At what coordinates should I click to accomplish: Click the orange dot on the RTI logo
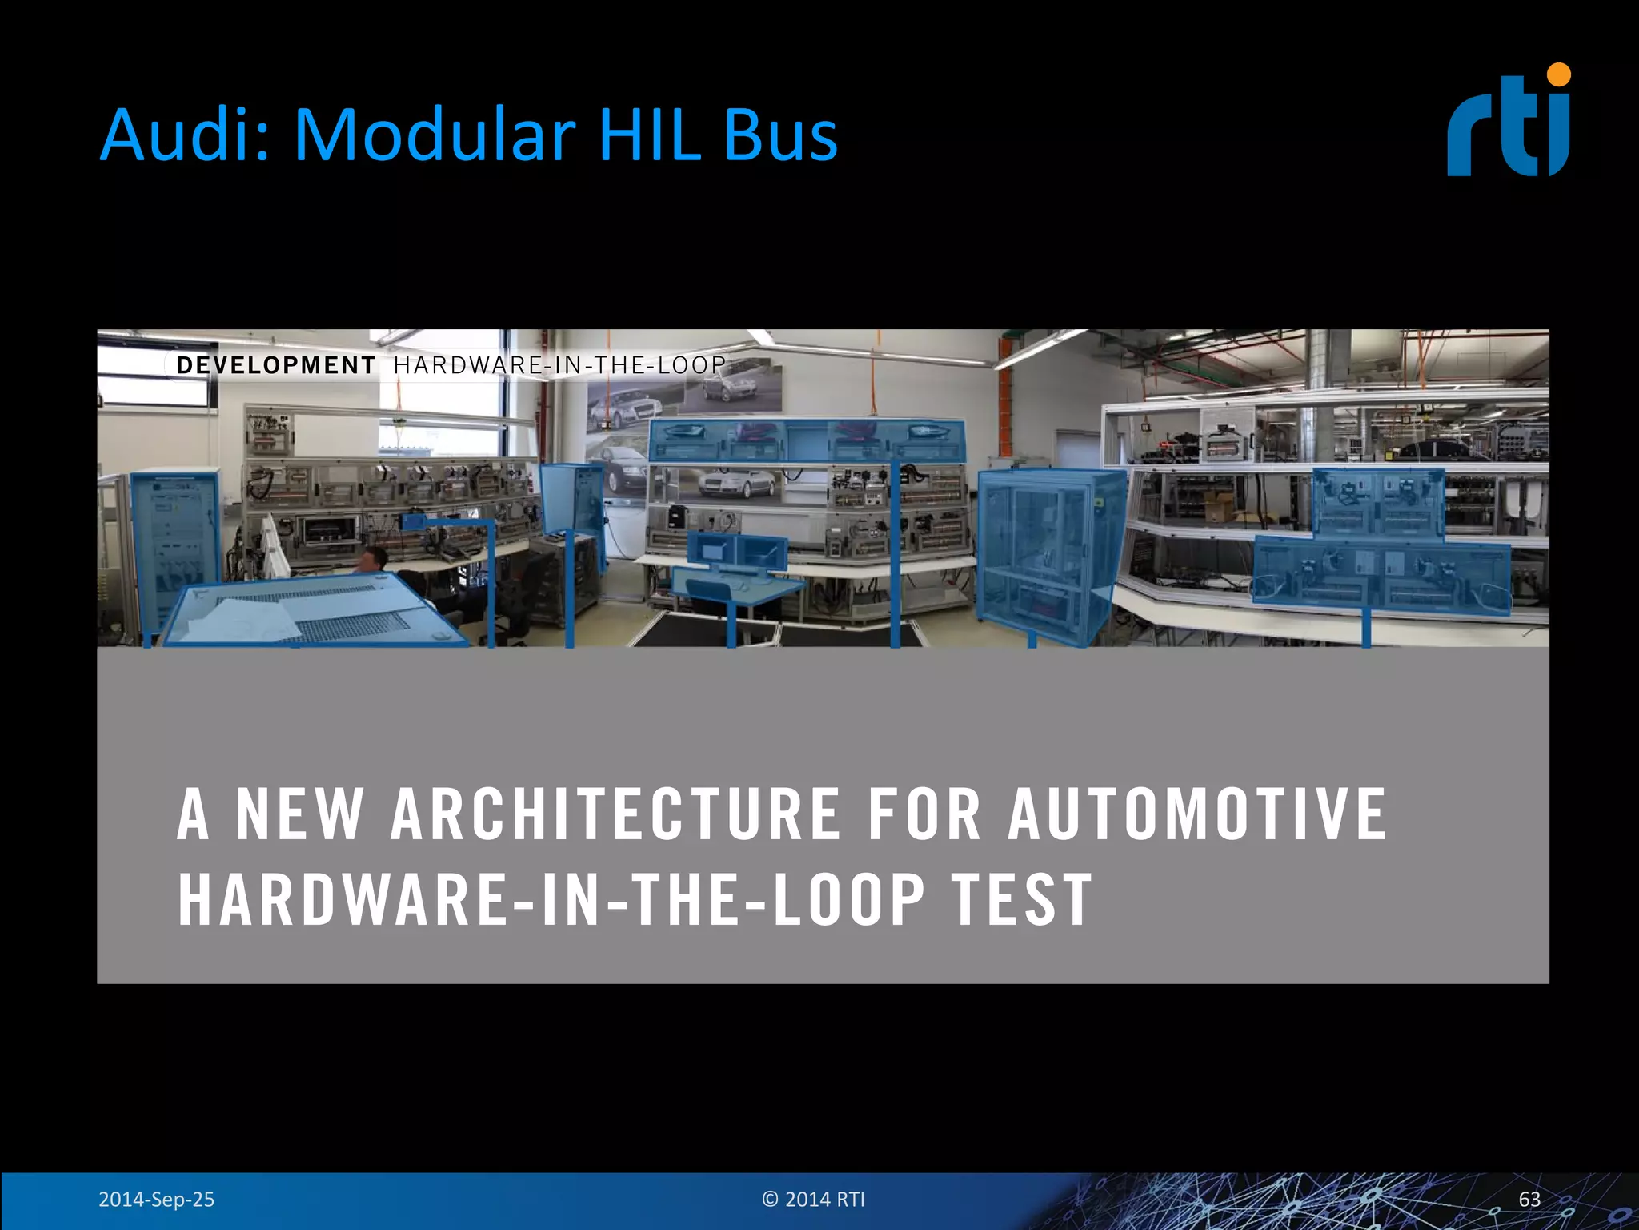(1559, 74)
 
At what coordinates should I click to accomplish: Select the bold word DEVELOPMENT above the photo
(275, 365)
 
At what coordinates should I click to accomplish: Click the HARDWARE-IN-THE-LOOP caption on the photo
(559, 365)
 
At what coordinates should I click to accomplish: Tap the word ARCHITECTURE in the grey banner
(615, 814)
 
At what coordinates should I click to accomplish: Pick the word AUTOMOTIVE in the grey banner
(1196, 814)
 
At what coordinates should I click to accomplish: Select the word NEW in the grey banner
(299, 814)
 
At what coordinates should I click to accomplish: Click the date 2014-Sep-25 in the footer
(156, 1200)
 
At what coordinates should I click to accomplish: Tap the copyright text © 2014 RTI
(813, 1200)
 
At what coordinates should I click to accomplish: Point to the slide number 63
(1529, 1200)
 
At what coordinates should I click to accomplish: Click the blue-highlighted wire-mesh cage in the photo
(1044, 553)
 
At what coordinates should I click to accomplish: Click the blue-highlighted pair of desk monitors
(737, 551)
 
